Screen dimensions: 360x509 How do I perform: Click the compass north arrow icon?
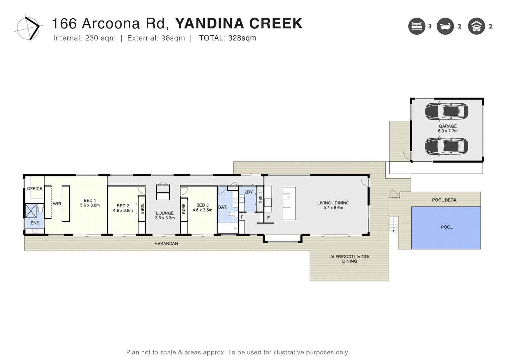pos(29,28)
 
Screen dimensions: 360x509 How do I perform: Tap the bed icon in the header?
pos(416,26)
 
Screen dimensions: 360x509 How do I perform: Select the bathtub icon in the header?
pos(445,26)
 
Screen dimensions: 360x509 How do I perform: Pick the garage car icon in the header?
pos(476,26)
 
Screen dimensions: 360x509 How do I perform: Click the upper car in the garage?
pos(446,111)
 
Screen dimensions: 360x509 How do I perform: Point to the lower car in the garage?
pos(446,146)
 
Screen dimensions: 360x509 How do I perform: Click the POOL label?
pos(447,227)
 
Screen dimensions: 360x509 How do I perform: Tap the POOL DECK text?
pos(444,200)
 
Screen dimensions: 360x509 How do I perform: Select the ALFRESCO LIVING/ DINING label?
pos(349,259)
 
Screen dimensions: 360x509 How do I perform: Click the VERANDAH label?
pos(166,244)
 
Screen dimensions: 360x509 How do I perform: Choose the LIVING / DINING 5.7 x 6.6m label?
pos(333,205)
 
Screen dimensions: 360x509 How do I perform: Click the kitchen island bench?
pos(289,203)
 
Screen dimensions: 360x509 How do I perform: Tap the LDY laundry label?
pos(249,192)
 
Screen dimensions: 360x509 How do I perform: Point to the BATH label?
pos(224,207)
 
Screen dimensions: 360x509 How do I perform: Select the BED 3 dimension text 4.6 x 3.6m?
pos(202,210)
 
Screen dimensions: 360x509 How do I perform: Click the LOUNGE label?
pos(165,213)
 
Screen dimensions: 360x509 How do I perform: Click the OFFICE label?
pos(35,188)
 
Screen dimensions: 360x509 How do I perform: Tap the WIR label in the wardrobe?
pos(57,204)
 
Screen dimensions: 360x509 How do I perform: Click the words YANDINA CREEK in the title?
pos(239,24)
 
